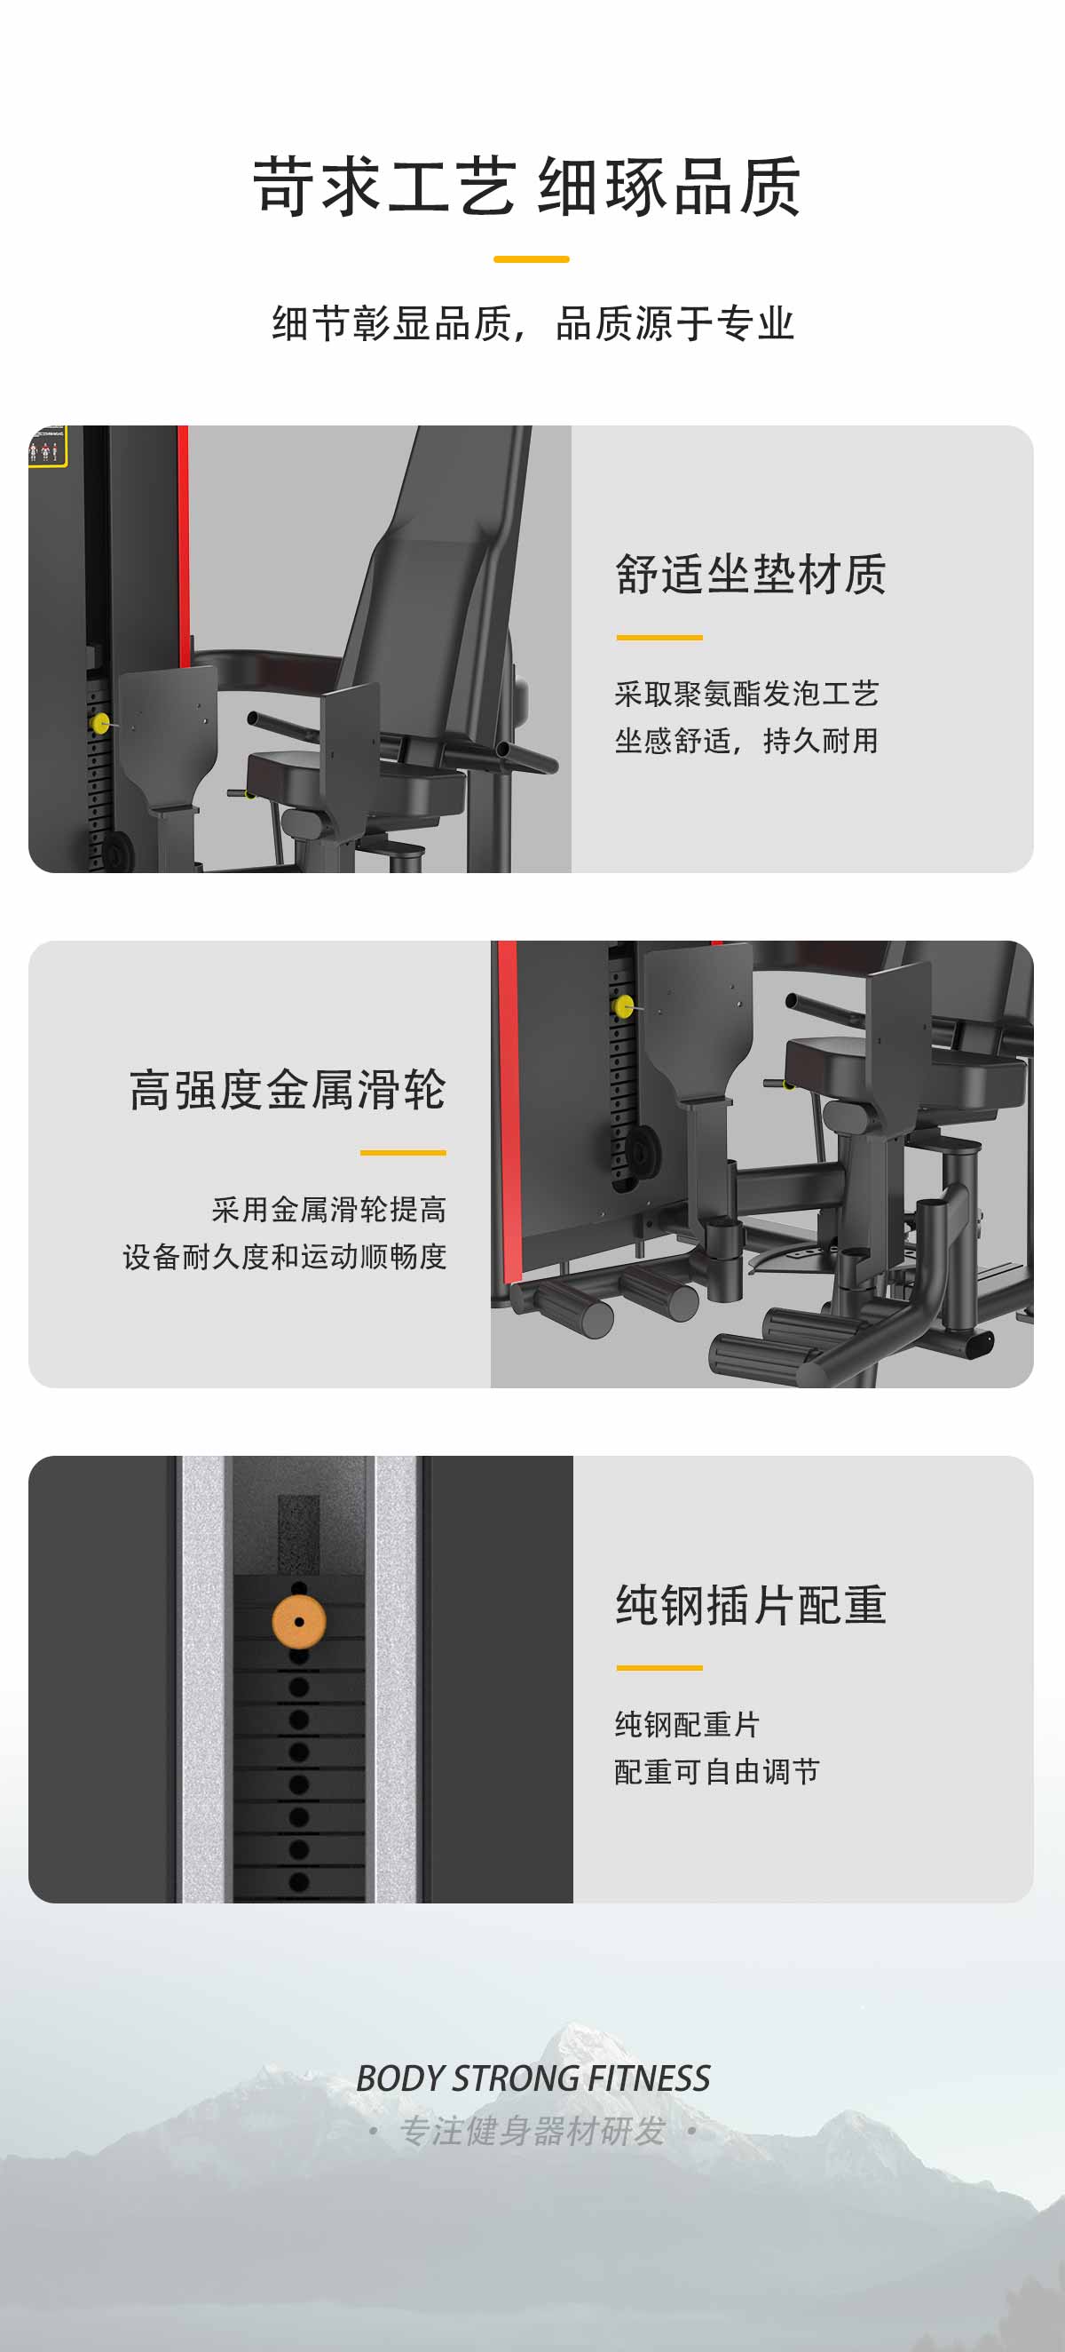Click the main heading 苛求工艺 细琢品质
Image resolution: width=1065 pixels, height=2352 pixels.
point(527,187)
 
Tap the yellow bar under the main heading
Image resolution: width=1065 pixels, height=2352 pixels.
point(531,259)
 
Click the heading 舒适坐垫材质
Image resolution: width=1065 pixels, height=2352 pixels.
point(751,575)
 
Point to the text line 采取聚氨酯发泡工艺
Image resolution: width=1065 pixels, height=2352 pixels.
point(746,694)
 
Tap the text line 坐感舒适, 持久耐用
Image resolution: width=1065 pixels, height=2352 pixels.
point(746,741)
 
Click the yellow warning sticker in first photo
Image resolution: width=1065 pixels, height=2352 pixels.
point(47,448)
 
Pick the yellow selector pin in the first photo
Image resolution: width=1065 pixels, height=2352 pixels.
point(100,723)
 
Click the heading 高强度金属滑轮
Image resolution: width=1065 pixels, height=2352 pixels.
point(288,1090)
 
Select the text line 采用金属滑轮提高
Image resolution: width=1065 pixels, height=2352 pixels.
point(329,1210)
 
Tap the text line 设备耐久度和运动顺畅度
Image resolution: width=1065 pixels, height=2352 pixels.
point(285,1257)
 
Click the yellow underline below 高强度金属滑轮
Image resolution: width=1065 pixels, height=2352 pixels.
point(403,1153)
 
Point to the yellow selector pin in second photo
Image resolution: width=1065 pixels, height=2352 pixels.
point(624,1007)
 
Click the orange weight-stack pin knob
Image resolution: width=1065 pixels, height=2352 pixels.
point(298,1622)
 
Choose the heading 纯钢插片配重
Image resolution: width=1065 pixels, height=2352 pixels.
point(751,1605)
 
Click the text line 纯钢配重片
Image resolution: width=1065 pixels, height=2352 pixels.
point(687,1725)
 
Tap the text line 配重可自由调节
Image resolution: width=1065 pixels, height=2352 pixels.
point(717,1772)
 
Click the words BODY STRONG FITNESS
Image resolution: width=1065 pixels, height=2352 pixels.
point(533,2079)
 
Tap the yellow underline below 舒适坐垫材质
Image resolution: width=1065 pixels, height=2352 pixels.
point(659,638)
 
